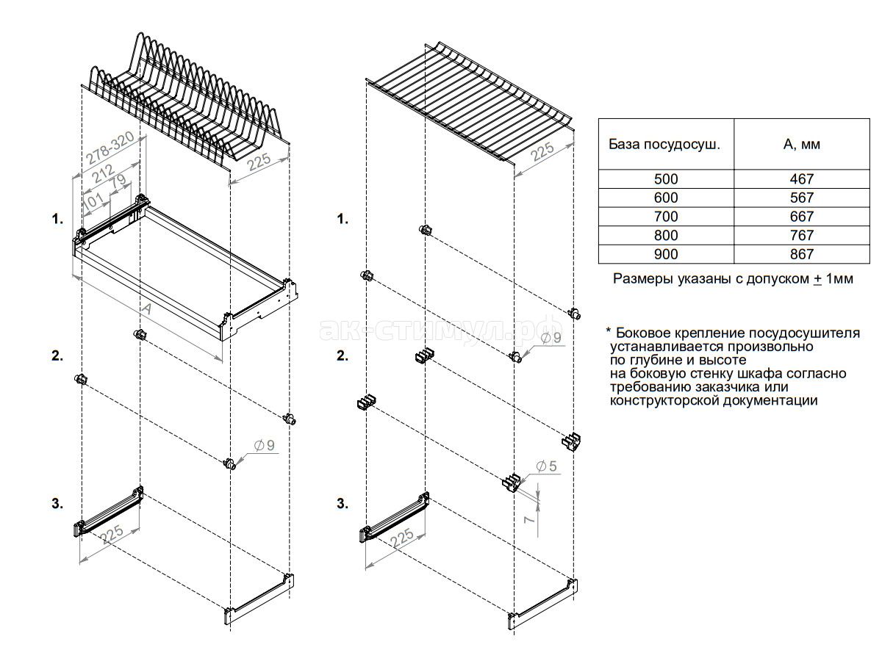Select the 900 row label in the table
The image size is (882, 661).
coord(666,254)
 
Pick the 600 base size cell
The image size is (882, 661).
coord(666,198)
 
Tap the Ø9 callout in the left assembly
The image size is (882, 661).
coord(264,444)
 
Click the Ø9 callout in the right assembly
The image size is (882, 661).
coord(550,337)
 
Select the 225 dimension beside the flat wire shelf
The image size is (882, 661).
coord(542,153)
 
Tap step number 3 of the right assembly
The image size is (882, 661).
coord(342,503)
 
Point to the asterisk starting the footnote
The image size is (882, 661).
coord(609,331)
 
